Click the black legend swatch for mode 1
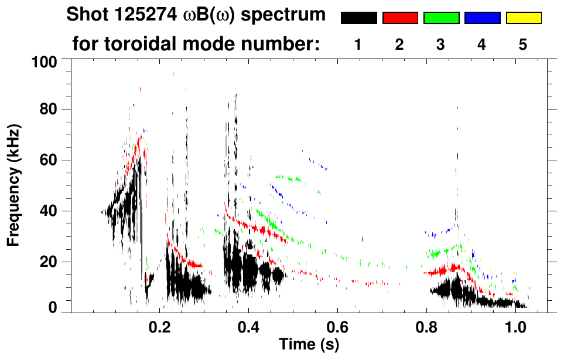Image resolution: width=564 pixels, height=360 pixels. (358, 18)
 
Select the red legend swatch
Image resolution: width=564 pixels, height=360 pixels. (400, 18)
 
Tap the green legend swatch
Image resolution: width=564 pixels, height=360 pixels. (441, 18)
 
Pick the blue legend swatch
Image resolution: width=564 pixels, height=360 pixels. (482, 18)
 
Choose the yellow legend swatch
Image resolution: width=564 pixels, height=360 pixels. (523, 18)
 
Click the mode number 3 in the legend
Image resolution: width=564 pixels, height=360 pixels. (441, 45)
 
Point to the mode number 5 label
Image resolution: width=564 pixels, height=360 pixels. (523, 45)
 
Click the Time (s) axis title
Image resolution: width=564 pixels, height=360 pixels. (308, 345)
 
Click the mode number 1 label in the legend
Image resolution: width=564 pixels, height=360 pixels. (358, 45)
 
